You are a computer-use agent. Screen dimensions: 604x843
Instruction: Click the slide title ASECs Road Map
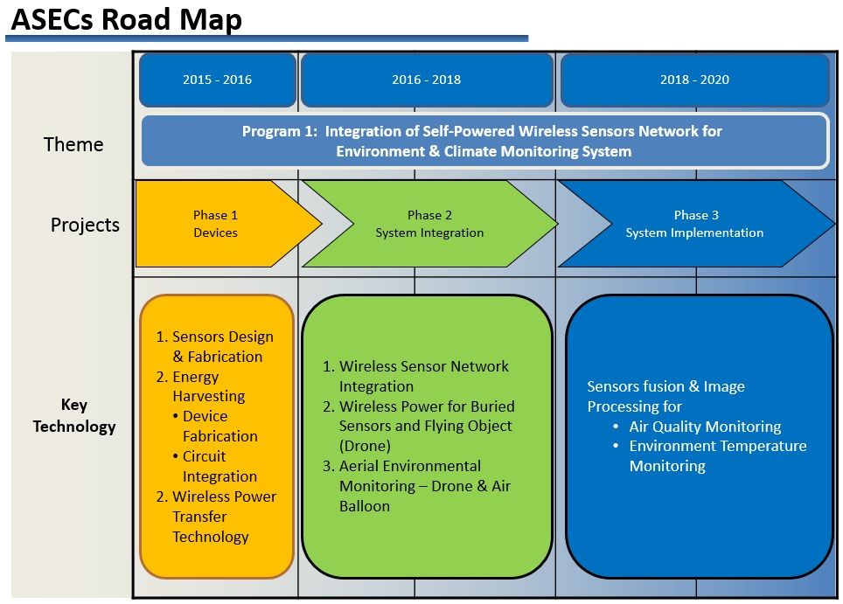pyautogui.click(x=126, y=19)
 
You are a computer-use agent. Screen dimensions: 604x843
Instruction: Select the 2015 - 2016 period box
pyautogui.click(x=217, y=80)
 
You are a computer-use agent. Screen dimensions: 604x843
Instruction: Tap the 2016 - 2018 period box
pyautogui.click(x=426, y=80)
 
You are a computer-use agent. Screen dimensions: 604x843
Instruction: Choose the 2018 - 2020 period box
pyautogui.click(x=694, y=80)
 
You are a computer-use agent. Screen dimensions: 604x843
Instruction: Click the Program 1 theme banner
pyautogui.click(x=483, y=141)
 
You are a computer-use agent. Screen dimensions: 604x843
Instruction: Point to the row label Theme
pyautogui.click(x=73, y=144)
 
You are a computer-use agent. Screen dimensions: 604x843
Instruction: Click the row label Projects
pyautogui.click(x=85, y=225)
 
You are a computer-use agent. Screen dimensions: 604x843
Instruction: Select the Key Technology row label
pyautogui.click(x=74, y=416)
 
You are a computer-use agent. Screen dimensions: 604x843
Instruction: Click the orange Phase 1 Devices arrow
pyautogui.click(x=216, y=224)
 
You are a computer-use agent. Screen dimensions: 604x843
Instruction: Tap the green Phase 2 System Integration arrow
pyautogui.click(x=428, y=224)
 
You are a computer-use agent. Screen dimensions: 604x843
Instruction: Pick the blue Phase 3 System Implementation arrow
pyautogui.click(x=694, y=224)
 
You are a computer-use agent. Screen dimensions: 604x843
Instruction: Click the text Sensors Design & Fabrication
pyautogui.click(x=222, y=347)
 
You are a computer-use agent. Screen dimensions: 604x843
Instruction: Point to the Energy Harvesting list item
pyautogui.click(x=208, y=386)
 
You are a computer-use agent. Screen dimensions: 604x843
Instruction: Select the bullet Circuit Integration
pyautogui.click(x=219, y=467)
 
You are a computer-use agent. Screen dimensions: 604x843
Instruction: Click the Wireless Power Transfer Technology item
pyautogui.click(x=223, y=517)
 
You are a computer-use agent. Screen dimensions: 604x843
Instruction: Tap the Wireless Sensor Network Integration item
pyautogui.click(x=423, y=376)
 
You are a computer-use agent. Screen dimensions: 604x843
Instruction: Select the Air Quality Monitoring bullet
pyautogui.click(x=705, y=427)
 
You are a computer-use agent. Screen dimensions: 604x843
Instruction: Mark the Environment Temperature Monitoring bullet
pyautogui.click(x=717, y=455)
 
